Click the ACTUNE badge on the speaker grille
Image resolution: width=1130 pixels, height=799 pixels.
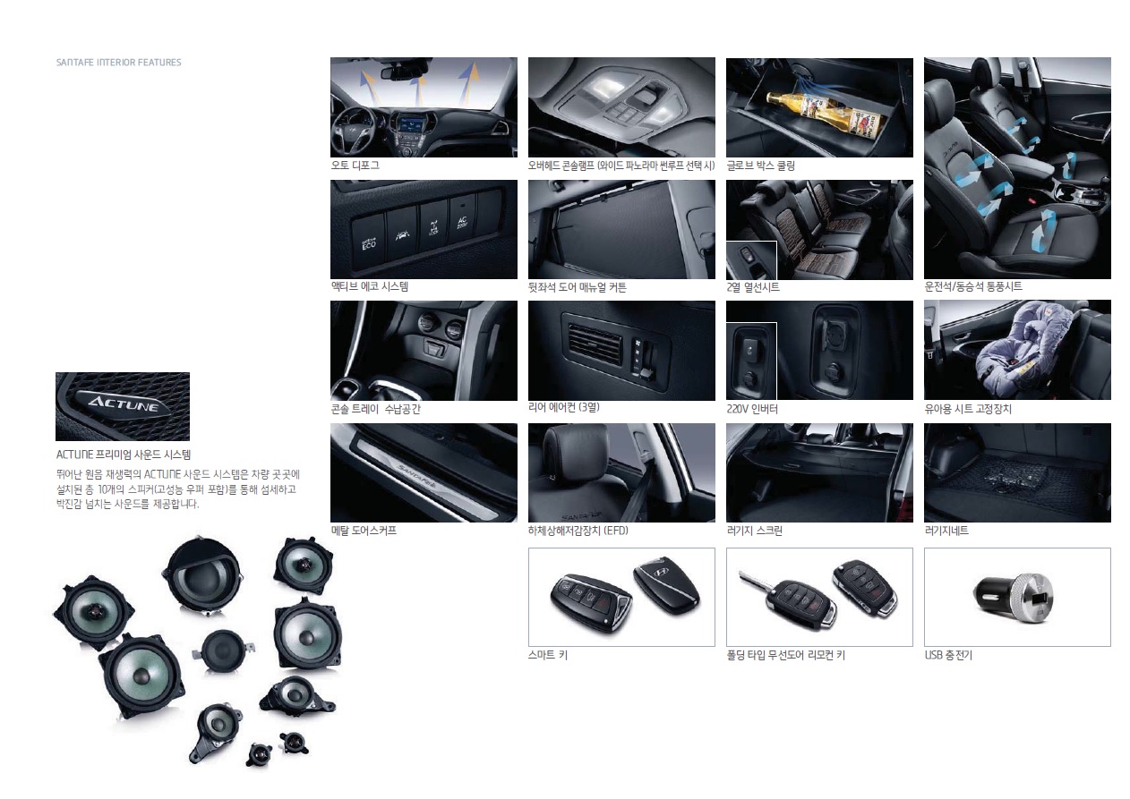pos(123,403)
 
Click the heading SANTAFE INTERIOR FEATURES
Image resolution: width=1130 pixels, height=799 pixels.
pos(118,63)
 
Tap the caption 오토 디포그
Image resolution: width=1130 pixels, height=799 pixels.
pos(355,166)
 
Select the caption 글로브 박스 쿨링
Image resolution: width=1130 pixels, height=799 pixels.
pos(761,166)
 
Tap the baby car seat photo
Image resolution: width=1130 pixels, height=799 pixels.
pos(1017,350)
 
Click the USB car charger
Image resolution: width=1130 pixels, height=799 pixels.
pos(1014,597)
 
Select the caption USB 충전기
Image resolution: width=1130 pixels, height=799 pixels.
pos(948,655)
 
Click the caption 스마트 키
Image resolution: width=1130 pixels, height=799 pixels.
pos(548,655)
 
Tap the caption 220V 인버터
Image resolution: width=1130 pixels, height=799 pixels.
pos(752,409)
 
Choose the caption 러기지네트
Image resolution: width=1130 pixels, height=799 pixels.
pos(946,531)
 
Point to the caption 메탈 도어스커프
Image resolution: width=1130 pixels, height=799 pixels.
pos(364,531)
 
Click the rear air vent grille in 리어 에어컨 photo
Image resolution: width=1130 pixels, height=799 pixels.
pos(595,344)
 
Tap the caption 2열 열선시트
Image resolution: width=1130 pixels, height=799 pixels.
pos(753,287)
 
